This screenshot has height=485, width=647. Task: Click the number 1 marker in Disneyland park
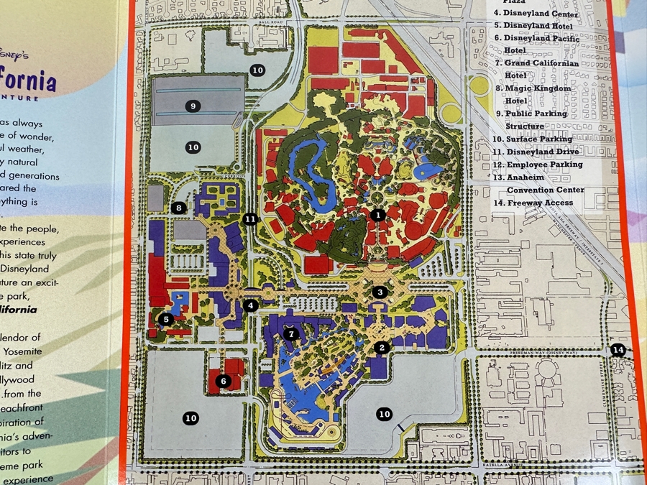click(x=379, y=214)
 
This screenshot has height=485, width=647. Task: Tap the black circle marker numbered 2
click(x=382, y=348)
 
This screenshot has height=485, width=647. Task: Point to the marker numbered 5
click(x=166, y=319)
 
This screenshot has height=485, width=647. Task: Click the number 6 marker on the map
click(x=224, y=382)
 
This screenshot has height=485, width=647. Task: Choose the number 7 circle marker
click(x=291, y=333)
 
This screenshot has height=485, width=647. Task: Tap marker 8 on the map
click(x=179, y=208)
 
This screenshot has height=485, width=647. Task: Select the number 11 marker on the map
click(x=250, y=219)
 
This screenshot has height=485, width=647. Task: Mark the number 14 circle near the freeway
click(x=618, y=350)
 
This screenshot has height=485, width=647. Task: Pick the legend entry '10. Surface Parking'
click(x=533, y=139)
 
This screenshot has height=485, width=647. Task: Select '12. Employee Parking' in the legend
click(x=533, y=165)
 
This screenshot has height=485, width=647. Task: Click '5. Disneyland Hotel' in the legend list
click(x=533, y=26)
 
